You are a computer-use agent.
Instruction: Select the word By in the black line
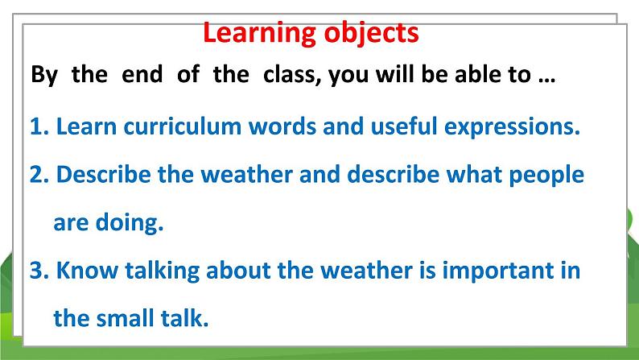(44, 76)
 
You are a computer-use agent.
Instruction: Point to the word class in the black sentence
(291, 75)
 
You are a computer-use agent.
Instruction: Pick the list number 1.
(39, 126)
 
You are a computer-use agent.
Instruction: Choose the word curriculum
(183, 126)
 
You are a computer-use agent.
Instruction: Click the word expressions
(512, 128)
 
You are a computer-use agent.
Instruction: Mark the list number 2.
(39, 175)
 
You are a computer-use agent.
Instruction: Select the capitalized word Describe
(104, 174)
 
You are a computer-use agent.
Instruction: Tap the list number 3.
(39, 271)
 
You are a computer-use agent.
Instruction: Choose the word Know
(87, 270)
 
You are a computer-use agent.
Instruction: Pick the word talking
(163, 271)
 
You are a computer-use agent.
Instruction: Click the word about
(238, 270)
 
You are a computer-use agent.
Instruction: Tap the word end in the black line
(142, 75)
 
